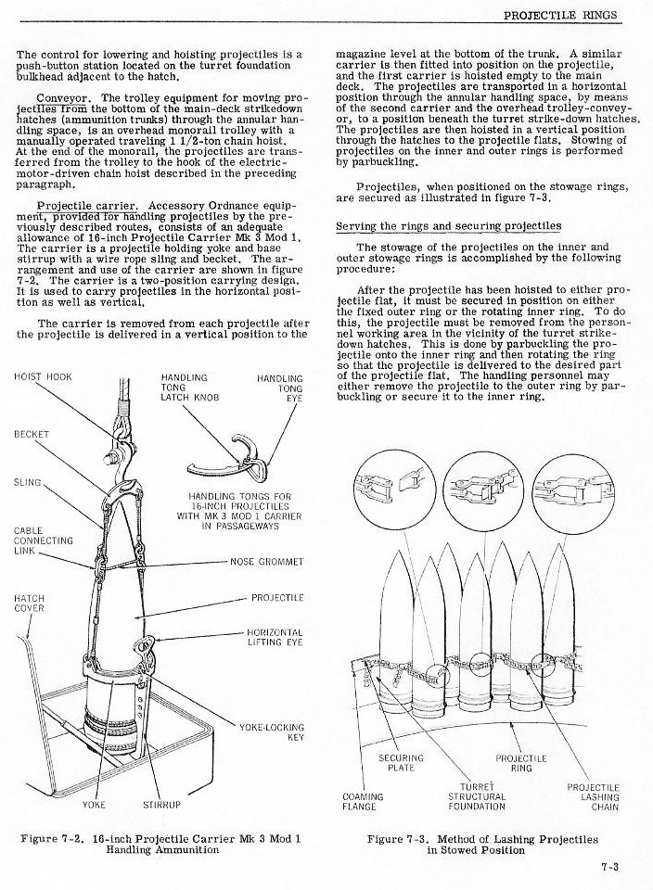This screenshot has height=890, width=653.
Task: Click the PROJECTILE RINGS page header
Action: click(x=566, y=15)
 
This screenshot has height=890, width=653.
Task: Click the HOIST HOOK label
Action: click(x=44, y=377)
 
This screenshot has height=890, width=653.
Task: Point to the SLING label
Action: click(x=28, y=482)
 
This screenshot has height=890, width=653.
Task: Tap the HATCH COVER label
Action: click(x=29, y=604)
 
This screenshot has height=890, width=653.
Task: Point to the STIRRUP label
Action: click(x=161, y=805)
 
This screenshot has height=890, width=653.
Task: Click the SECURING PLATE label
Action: click(x=402, y=763)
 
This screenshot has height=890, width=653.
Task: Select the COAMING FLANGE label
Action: click(x=363, y=801)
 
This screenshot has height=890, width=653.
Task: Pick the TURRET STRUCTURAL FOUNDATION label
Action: click(x=477, y=795)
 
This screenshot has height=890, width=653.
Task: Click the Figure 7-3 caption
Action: click(x=482, y=845)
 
